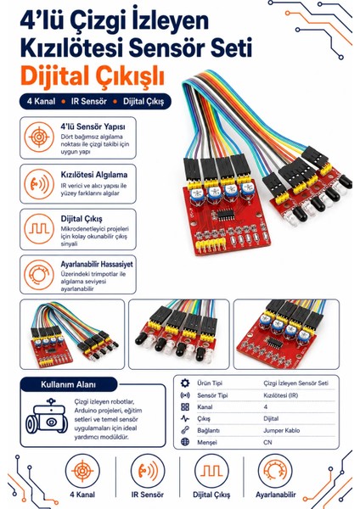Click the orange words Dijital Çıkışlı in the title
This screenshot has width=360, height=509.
93,76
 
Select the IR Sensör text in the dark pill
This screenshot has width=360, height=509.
88,101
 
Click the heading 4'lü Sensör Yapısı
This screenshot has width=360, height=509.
93,126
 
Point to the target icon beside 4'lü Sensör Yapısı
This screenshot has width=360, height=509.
39,137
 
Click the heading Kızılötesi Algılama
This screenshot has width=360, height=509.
94,175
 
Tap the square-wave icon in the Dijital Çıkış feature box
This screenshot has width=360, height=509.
39,229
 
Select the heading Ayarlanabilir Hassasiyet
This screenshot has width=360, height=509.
97,264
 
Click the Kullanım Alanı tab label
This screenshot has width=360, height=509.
68,384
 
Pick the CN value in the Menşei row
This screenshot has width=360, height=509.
267,442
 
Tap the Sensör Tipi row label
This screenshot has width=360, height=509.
212,395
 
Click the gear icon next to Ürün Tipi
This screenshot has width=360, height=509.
185,383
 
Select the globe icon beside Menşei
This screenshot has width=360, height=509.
185,442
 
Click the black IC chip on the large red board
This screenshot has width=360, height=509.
224,215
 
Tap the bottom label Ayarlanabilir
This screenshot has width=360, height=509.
276,495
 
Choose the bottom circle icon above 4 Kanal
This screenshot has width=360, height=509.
82,471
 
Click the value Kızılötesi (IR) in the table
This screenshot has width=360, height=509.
281,395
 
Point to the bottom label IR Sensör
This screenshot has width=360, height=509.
148,495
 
